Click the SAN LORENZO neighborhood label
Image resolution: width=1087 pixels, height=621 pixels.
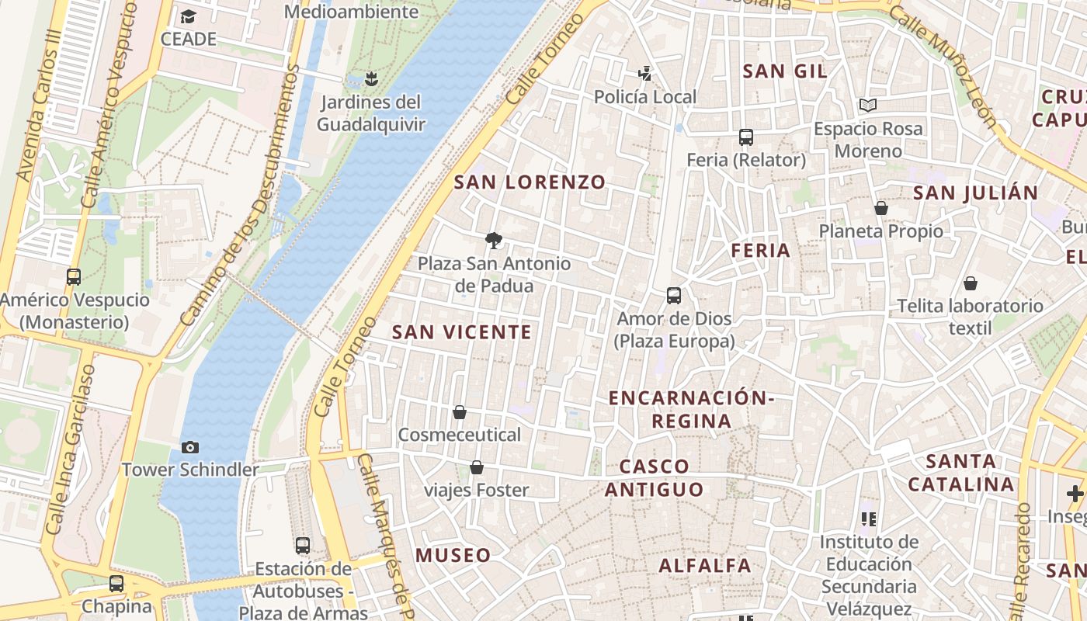coord(530,182)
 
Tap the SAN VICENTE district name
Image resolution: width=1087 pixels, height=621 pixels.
coord(462,332)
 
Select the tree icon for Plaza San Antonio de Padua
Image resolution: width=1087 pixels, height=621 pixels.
coord(493,241)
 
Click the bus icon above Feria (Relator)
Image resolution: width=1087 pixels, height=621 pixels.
coord(746,137)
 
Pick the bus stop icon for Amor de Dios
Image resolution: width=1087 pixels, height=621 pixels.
coord(674,296)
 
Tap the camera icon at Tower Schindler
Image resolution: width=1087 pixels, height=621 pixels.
coord(190,447)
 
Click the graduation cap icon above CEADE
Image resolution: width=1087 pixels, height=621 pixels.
coord(188,16)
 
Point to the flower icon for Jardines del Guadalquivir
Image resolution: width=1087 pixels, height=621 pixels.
coord(371,78)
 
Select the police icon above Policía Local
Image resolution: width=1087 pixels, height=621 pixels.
coord(644,74)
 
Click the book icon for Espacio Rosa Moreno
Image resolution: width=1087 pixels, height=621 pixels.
coord(867,105)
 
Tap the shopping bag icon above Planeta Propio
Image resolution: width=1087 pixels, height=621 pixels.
coord(881,208)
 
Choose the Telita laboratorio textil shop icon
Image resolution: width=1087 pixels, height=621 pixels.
coord(970,283)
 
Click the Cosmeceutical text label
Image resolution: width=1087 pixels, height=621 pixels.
coord(459,435)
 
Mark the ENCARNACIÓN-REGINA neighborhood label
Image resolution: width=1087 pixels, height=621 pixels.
coord(691,409)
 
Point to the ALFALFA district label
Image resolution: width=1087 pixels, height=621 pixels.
coord(705,566)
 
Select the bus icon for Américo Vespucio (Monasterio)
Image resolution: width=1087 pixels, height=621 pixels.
coord(74,277)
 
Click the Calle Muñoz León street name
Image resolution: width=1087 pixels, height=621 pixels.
coord(942,66)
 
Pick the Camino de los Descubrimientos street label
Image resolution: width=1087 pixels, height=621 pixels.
coord(240,194)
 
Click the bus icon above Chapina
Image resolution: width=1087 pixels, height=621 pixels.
coord(116,583)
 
